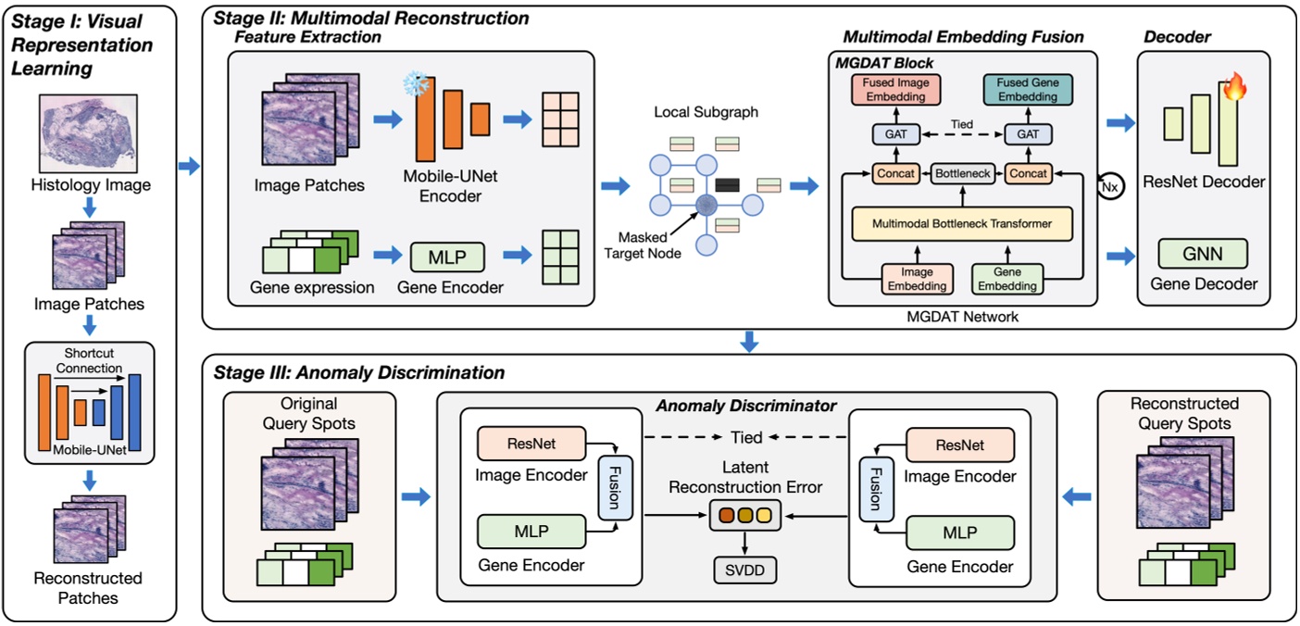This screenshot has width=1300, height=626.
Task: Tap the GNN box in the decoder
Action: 1203,253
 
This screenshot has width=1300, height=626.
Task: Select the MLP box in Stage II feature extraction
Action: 448,255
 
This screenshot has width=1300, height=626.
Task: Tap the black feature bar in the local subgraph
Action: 728,184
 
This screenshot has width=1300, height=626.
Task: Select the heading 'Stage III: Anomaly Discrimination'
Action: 359,372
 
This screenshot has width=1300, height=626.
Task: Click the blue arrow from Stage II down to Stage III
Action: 750,341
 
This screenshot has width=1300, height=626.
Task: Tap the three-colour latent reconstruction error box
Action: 744,514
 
